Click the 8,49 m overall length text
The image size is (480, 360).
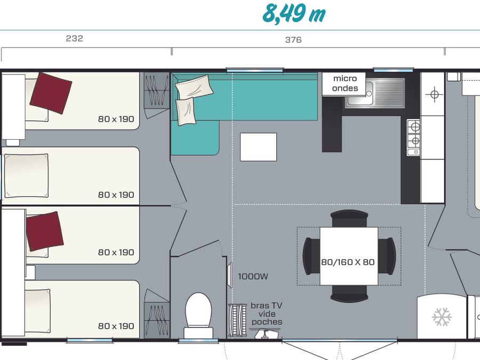(294, 14)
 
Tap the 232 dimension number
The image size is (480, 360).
(74, 38)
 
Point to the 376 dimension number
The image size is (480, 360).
(293, 40)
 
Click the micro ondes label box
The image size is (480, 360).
(344, 84)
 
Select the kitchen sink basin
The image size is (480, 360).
(358, 93)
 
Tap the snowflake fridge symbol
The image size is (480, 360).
(442, 317)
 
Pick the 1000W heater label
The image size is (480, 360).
(253, 276)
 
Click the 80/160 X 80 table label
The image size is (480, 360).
(348, 262)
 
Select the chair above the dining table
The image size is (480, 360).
(349, 219)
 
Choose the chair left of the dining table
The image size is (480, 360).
(311, 256)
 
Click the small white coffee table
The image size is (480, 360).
(258, 147)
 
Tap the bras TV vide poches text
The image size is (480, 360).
(267, 314)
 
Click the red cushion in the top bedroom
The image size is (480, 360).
(51, 93)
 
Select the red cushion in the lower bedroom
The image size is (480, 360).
(45, 231)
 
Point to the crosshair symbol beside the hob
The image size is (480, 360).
(434, 94)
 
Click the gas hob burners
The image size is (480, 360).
(413, 137)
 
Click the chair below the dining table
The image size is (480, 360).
(349, 293)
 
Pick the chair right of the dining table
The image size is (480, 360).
(387, 256)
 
